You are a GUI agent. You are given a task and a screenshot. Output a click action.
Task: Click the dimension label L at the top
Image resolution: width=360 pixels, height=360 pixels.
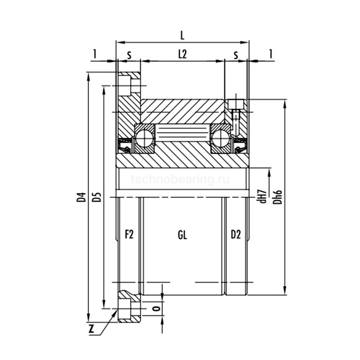click(183, 35)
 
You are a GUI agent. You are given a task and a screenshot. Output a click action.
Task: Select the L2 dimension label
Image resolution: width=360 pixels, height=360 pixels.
click(183, 53)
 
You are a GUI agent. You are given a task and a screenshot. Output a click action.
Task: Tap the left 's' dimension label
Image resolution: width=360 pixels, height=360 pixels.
click(129, 53)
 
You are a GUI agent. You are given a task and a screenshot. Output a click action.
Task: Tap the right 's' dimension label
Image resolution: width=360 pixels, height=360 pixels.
click(236, 53)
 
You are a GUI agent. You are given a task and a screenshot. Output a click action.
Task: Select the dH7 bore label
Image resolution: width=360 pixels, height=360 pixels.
click(262, 196)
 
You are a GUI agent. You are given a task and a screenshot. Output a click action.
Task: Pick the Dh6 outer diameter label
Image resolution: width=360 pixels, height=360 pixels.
click(277, 197)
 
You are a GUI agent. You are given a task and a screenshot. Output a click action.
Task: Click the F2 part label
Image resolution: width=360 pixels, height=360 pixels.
click(129, 235)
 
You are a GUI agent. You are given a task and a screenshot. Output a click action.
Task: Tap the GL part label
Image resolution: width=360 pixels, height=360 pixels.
click(182, 235)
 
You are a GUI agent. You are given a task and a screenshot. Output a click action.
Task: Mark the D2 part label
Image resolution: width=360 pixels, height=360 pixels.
click(236, 235)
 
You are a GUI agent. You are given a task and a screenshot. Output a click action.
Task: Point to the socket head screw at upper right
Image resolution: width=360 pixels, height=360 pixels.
click(237, 111)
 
